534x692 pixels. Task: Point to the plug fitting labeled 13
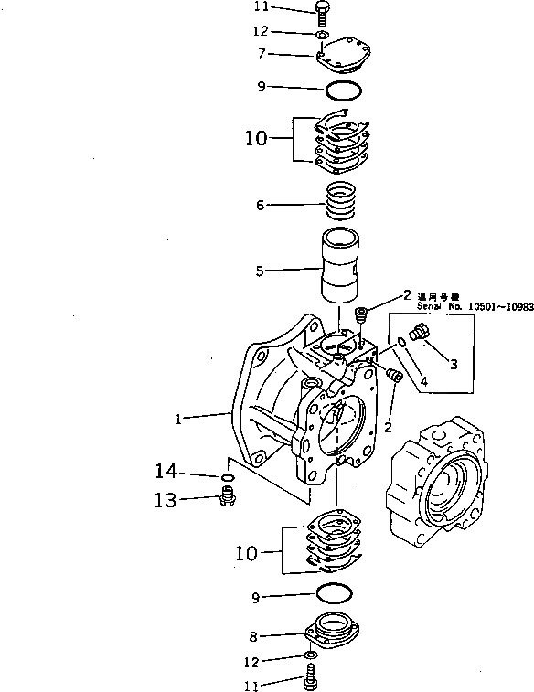pyautogui.click(x=227, y=498)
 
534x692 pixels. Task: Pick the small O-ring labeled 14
pyautogui.click(x=227, y=477)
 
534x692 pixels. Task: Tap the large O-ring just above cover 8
pyautogui.click(x=336, y=595)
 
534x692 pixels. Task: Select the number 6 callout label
pyautogui.click(x=262, y=205)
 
